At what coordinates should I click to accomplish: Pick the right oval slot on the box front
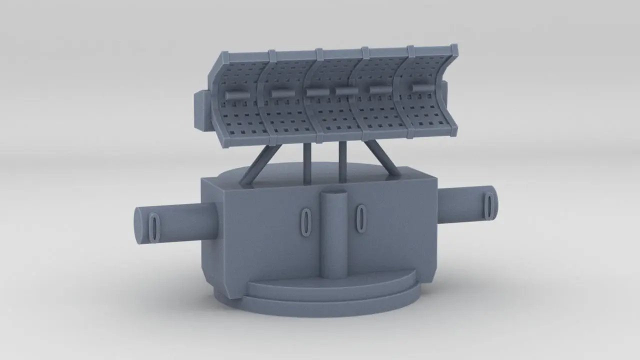(360, 218)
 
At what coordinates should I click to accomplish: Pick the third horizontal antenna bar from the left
(316, 92)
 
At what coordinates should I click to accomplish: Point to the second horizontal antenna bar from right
(380, 89)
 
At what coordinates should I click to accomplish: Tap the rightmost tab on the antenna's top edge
(454, 49)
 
